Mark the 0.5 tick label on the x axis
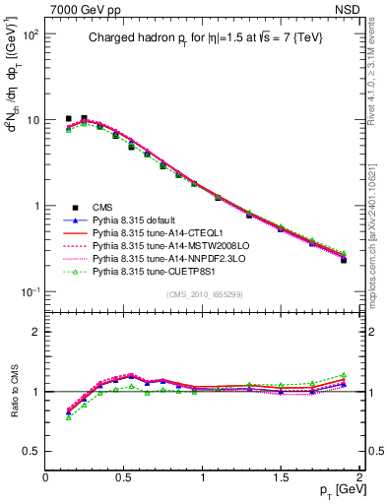(124, 476)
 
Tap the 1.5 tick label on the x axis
(282, 476)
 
